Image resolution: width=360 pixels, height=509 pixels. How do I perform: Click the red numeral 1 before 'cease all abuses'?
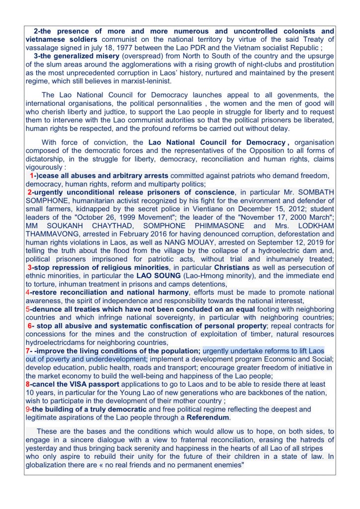click(x=32, y=176)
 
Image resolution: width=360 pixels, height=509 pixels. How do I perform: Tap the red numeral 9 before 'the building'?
click(x=27, y=409)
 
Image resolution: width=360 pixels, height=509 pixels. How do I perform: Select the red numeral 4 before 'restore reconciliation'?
click(x=27, y=292)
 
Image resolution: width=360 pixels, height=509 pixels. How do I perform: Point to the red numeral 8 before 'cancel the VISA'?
click(x=27, y=384)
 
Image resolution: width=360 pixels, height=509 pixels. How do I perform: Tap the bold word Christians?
click(x=232, y=267)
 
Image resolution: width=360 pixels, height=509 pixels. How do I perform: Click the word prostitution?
click(x=316, y=64)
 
